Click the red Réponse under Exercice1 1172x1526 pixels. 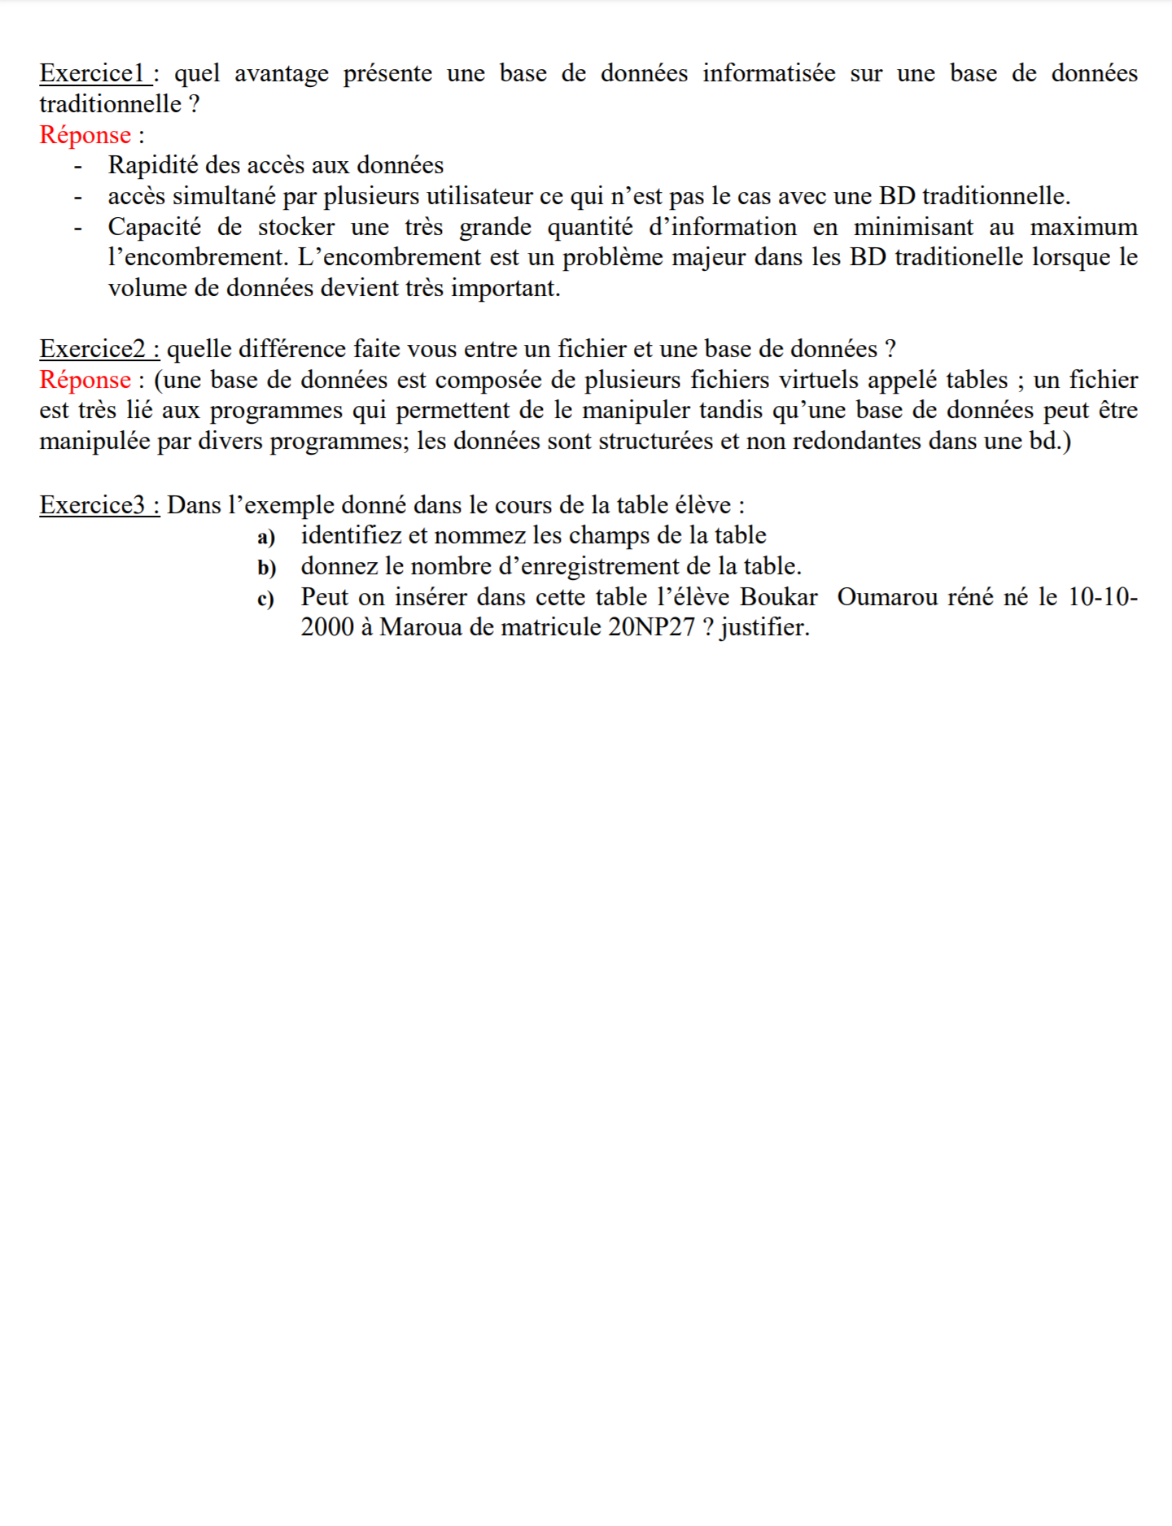85,135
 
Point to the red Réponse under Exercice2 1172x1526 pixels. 85,380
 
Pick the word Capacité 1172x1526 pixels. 154,227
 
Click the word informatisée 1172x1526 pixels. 769,73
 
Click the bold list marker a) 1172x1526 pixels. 266,537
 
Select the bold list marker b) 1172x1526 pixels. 267,568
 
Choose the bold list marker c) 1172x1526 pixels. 265,599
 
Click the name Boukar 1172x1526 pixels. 778,597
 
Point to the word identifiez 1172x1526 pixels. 351,535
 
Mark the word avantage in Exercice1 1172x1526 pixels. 282,73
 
